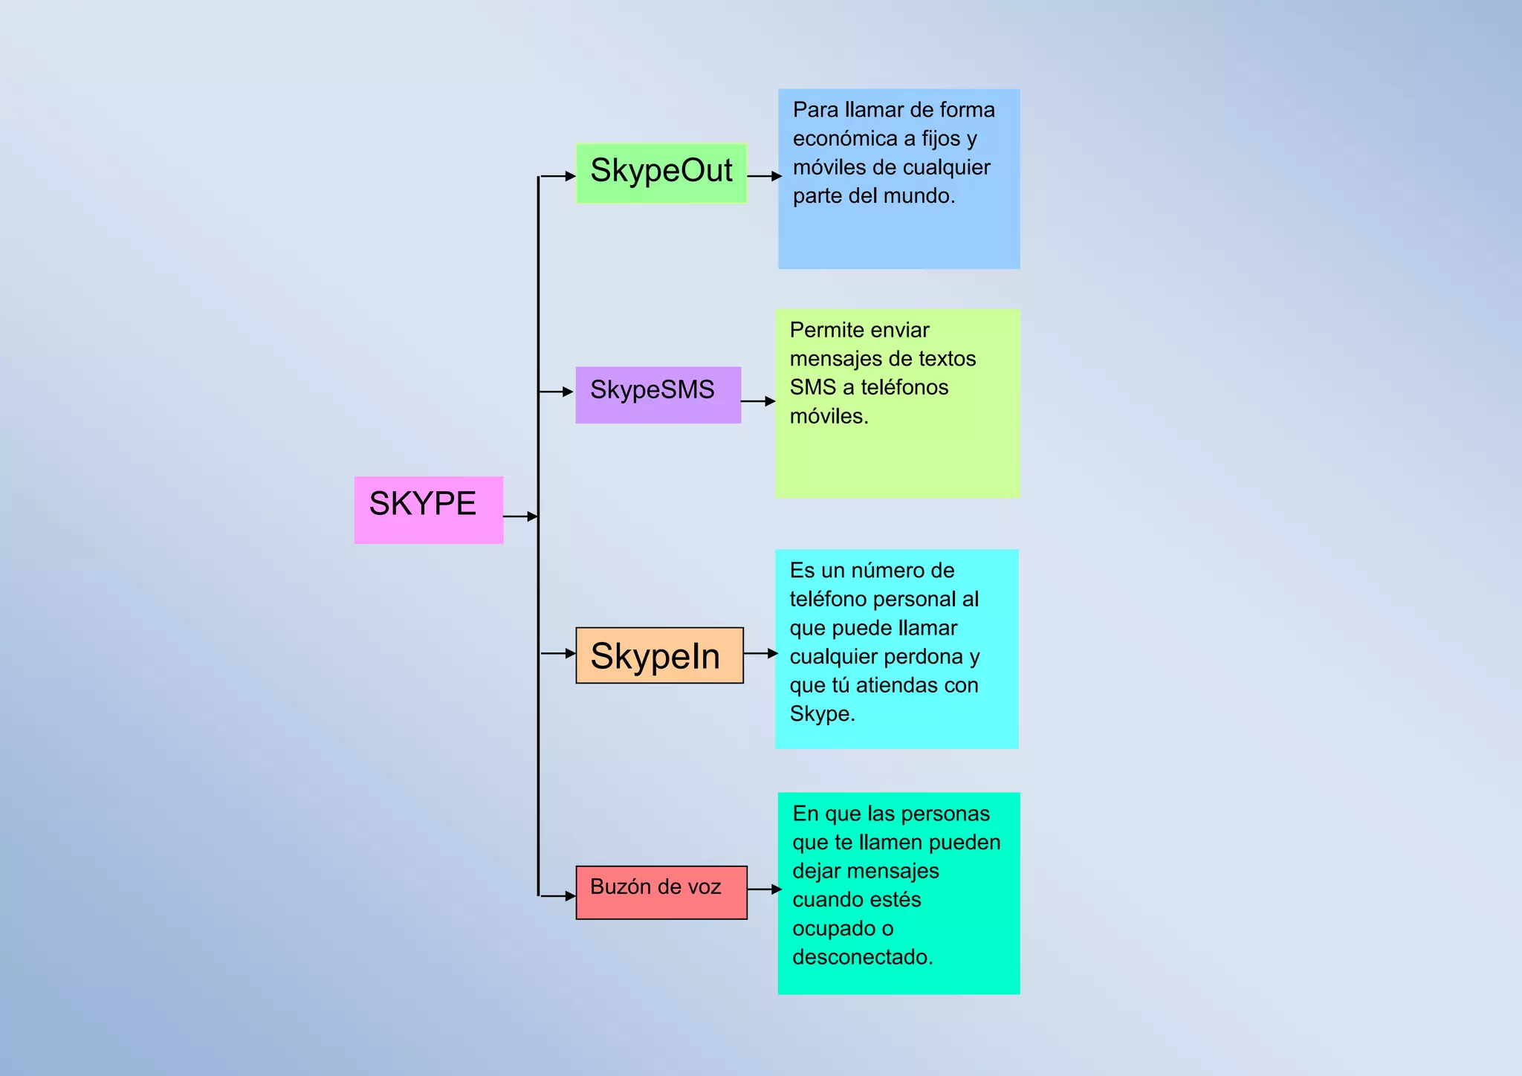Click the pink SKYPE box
click(428, 510)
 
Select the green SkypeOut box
click(661, 172)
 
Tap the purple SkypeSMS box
click(658, 395)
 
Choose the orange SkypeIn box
click(659, 655)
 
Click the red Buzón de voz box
click(661, 892)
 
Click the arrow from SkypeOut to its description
click(764, 176)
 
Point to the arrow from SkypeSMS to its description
click(758, 401)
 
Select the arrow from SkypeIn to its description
click(760, 653)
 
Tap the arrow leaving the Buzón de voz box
click(764, 889)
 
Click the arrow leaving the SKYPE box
click(520, 516)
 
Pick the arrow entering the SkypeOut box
click(557, 176)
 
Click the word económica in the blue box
click(845, 139)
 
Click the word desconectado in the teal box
click(862, 957)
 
